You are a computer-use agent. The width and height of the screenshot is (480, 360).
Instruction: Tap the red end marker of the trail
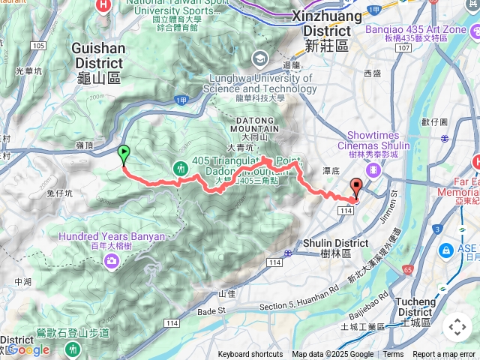(x=355, y=189)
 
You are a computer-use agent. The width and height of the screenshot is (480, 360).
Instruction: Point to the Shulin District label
(x=335, y=247)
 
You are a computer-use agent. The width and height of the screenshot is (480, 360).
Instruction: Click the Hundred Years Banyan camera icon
(x=112, y=260)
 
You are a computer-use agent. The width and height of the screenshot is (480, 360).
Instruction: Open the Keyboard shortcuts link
(x=250, y=355)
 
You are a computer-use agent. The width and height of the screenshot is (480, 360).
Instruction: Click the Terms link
(x=393, y=355)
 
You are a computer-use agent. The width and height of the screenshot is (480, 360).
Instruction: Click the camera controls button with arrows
(x=457, y=327)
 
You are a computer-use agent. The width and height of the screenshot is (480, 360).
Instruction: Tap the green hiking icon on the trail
(x=181, y=168)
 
